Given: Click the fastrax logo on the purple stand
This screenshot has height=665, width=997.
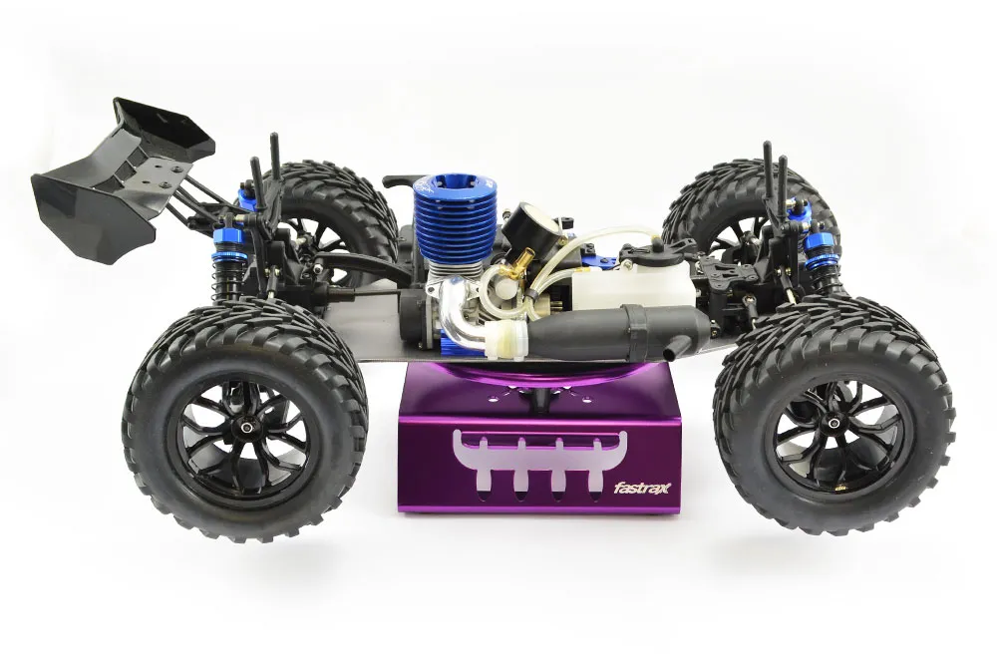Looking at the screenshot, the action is pos(637,488).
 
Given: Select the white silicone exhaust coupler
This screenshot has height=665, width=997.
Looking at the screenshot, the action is pos(505,336).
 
